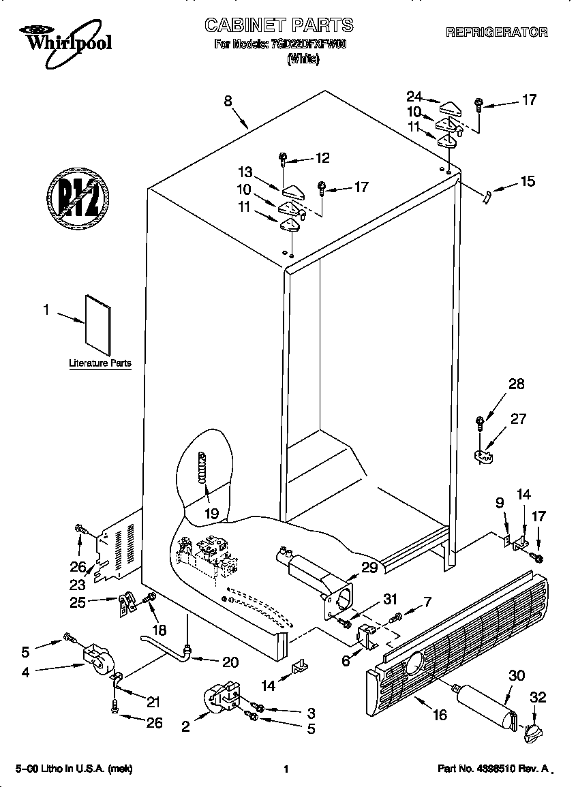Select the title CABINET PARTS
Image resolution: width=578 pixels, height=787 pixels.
point(279,26)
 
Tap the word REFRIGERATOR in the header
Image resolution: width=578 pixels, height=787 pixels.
point(496,32)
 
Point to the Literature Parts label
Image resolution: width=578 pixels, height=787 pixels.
point(100,363)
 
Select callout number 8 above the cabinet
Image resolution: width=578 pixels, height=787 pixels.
point(228,100)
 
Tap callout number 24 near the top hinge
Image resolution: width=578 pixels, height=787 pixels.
point(414,96)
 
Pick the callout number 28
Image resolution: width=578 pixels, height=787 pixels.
point(516,384)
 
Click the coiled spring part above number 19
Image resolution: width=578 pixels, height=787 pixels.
point(202,468)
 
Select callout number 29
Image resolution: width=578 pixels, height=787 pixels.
point(369,567)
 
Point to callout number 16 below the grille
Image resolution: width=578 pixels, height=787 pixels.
point(440,714)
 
